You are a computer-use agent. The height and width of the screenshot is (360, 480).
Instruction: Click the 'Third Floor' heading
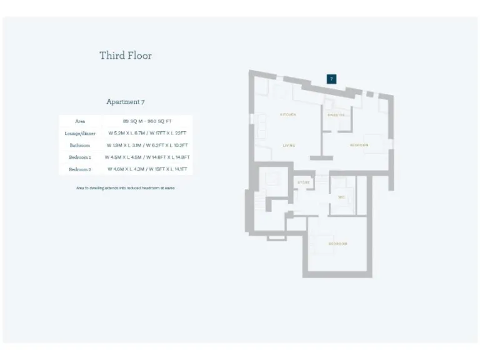126,56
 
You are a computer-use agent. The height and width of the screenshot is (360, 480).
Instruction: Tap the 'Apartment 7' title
126,101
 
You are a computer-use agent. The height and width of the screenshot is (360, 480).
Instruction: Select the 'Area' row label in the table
80,121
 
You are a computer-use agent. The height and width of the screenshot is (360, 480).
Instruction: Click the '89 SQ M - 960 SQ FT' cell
147,121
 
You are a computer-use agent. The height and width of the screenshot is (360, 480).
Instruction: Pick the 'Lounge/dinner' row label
80,133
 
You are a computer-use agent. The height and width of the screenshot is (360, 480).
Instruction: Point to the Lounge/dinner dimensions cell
147,133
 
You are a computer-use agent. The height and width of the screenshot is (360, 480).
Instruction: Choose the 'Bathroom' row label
80,145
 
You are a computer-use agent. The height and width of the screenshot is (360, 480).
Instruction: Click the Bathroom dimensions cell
147,145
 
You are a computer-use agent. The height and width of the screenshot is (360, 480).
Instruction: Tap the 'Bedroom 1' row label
80,157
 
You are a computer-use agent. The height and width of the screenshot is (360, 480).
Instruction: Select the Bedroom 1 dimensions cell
147,157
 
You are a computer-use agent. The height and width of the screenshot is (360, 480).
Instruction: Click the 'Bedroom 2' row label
80,169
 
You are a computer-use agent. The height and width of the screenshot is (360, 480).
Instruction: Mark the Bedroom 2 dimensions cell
147,169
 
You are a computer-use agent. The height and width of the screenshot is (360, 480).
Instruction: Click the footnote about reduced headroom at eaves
126,187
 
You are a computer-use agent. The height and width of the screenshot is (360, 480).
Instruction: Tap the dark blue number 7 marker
332,79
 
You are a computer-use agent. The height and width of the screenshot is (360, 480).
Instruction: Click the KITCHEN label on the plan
287,115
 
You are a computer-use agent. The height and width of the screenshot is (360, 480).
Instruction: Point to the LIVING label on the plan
289,146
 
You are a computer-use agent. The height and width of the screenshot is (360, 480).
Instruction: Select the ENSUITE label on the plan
336,115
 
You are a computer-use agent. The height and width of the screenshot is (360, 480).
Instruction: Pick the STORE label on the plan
303,182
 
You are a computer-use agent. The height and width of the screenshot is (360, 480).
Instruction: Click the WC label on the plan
342,197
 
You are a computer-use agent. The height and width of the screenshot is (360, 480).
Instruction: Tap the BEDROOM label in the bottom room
337,243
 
